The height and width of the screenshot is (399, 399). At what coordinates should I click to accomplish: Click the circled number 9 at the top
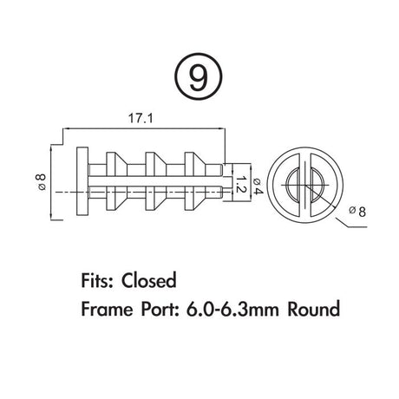(199, 76)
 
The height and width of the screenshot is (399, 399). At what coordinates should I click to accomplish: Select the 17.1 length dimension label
(141, 119)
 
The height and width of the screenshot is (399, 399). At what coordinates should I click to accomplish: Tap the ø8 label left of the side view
(42, 182)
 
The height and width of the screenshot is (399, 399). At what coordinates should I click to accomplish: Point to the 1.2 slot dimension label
(240, 184)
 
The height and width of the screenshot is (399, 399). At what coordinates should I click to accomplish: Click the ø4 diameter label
(258, 186)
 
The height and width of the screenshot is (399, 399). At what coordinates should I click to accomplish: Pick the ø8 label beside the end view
(357, 212)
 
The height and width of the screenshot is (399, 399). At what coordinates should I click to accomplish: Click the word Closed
(149, 280)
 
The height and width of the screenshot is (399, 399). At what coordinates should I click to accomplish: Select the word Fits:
(97, 280)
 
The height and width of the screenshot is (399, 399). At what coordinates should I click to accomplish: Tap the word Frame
(107, 309)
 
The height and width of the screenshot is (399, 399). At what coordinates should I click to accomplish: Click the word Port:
(160, 309)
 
